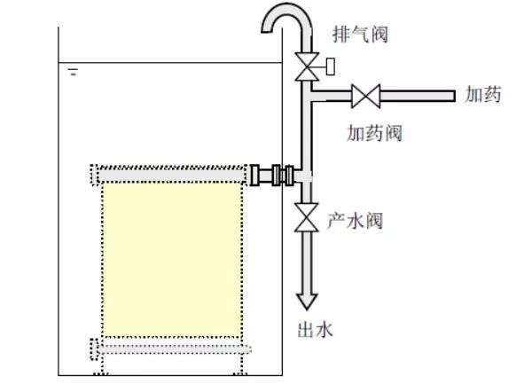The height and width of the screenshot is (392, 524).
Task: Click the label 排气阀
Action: point(361,34)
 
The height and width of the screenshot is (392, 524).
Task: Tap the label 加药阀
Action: point(374,133)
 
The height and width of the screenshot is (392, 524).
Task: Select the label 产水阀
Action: point(355,221)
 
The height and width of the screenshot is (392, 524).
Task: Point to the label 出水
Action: point(316,330)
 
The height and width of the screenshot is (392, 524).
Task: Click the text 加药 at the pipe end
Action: point(483,94)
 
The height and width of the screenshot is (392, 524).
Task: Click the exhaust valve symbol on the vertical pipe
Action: point(307,67)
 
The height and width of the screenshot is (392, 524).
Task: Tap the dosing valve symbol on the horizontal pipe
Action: point(366,97)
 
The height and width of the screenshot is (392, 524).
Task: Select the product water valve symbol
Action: point(307,217)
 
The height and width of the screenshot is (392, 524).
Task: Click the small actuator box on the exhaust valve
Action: point(330,67)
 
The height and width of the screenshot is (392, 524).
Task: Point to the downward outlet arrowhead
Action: point(307,301)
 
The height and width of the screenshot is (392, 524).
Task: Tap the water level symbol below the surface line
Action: point(74,72)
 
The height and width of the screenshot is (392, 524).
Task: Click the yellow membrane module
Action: point(172,260)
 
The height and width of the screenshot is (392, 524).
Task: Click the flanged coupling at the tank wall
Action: point(272,175)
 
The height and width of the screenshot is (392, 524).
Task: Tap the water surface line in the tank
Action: point(170,62)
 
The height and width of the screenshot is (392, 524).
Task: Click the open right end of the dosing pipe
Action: point(454,97)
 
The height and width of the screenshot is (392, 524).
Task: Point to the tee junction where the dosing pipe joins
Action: point(308,96)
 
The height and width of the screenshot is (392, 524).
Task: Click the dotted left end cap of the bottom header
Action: point(94,349)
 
